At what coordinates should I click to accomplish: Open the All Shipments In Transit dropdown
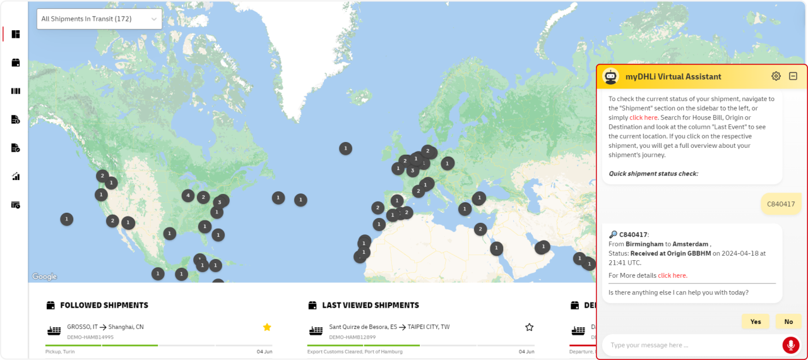tap(99, 19)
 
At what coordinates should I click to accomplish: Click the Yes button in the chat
tap(756, 321)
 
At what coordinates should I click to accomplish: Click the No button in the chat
tap(788, 321)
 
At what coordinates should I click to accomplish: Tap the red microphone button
tap(790, 345)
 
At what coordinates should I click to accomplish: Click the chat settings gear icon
tap(776, 76)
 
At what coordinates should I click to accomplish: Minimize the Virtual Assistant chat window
tap(793, 76)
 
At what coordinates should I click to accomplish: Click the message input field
tap(691, 345)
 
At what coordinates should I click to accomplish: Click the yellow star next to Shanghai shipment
tap(267, 327)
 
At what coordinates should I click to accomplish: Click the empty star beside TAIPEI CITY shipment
tap(529, 327)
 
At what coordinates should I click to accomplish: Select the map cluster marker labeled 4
tap(187, 196)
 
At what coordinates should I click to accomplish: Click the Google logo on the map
tap(44, 277)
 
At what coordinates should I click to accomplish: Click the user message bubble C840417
tap(781, 203)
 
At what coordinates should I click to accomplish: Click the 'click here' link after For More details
tap(672, 275)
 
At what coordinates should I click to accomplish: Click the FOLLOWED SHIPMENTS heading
tap(104, 305)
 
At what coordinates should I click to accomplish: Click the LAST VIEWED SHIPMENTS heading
tap(370, 305)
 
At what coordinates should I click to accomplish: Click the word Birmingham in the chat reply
tap(645, 244)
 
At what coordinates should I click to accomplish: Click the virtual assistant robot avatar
tap(610, 76)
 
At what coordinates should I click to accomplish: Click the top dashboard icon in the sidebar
tap(16, 34)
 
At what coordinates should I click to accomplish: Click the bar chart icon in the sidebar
tap(16, 176)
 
